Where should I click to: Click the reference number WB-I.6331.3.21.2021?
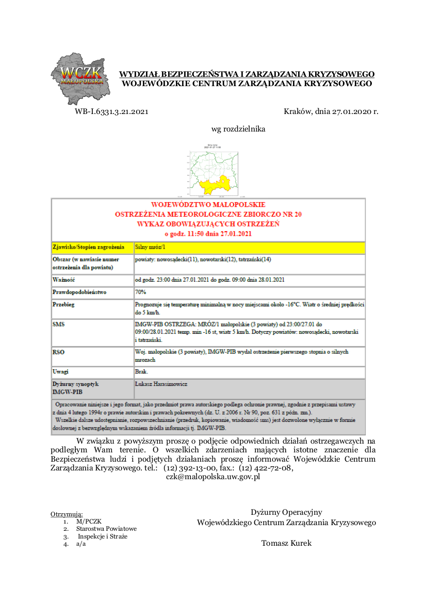click(111, 111)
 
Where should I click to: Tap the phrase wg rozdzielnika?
click(238, 129)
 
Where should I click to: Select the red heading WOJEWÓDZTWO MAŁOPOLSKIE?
click(208, 205)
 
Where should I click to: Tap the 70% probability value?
click(140, 292)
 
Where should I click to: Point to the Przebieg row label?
click(63, 305)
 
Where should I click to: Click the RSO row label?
click(58, 352)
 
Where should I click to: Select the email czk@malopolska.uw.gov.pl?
click(212, 477)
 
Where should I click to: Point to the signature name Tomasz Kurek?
click(286, 543)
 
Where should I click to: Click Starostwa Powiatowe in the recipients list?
click(106, 529)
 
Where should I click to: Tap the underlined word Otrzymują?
click(67, 514)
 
